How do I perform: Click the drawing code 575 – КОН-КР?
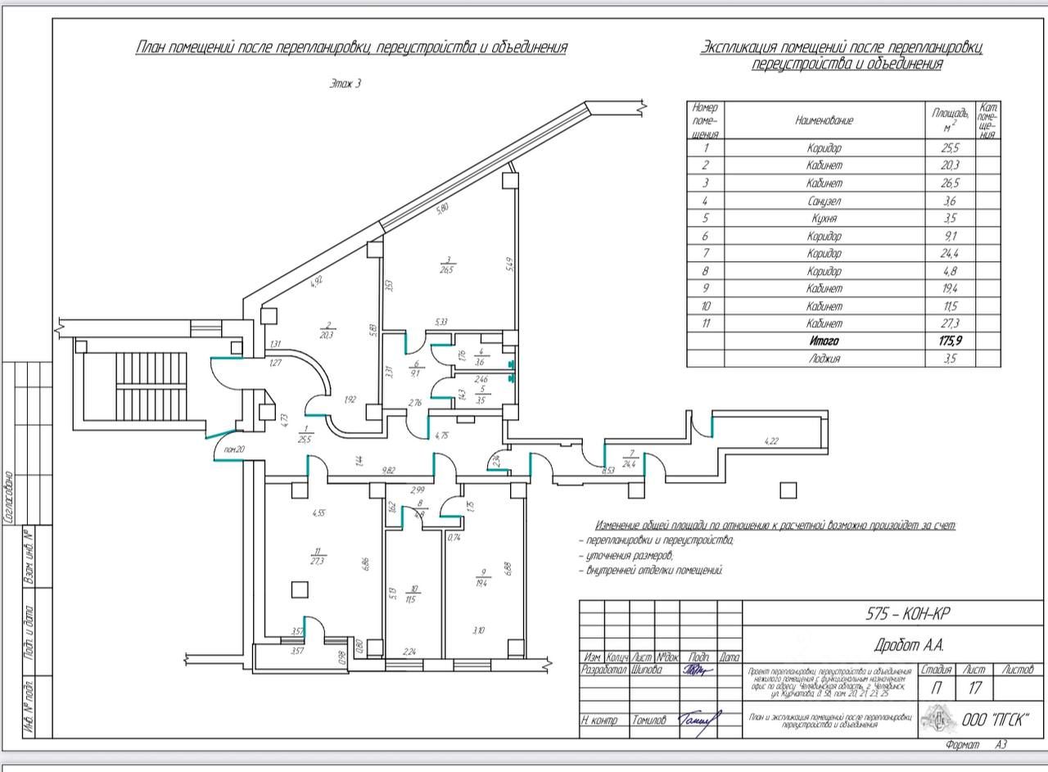tap(895, 615)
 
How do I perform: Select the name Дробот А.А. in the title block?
tap(895, 646)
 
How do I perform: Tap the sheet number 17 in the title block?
tap(975, 688)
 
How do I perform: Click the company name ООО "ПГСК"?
tap(996, 720)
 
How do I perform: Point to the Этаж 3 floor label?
tap(345, 84)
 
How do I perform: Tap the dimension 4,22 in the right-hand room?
tap(771, 441)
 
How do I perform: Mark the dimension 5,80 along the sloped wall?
tap(443, 209)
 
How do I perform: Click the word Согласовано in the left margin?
tap(8, 496)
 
